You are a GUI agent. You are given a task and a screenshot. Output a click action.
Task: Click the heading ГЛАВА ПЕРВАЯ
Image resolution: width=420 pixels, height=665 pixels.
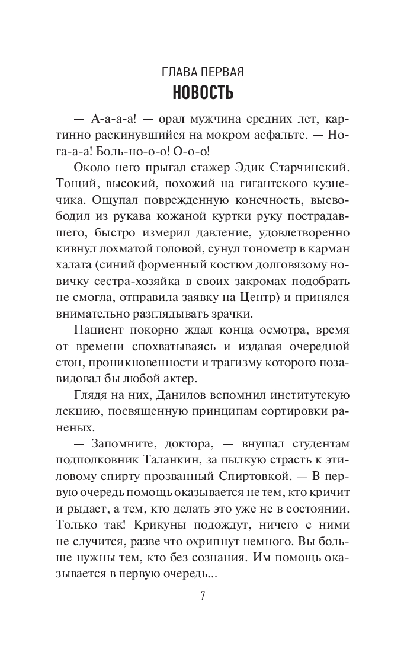pos(203,72)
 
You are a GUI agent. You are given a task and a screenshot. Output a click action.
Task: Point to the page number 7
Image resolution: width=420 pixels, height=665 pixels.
pos(203,596)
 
